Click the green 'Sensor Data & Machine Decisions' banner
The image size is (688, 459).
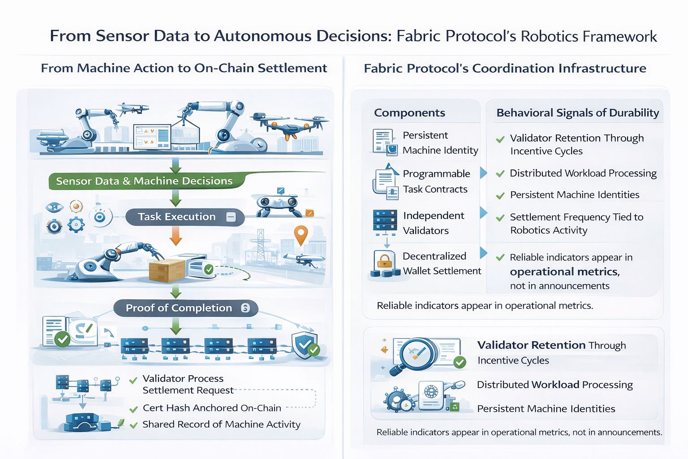point(144,181)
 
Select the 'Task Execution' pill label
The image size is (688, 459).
point(176,217)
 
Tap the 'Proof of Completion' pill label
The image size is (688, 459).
point(179,308)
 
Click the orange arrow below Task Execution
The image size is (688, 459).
point(176,235)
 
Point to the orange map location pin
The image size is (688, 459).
point(301,235)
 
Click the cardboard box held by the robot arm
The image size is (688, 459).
point(166,269)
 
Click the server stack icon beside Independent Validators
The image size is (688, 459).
point(385,220)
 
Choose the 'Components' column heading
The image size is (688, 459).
point(409,113)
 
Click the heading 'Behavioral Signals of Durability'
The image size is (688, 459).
point(577,113)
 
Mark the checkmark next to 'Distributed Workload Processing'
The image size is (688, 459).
point(500,174)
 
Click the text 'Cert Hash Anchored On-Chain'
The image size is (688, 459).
point(212,408)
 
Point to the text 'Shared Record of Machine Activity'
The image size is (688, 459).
point(221,424)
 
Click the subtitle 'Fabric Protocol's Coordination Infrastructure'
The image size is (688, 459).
point(505,68)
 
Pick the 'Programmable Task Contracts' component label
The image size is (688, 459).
point(436,182)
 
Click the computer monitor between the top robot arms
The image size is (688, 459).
point(152,135)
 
